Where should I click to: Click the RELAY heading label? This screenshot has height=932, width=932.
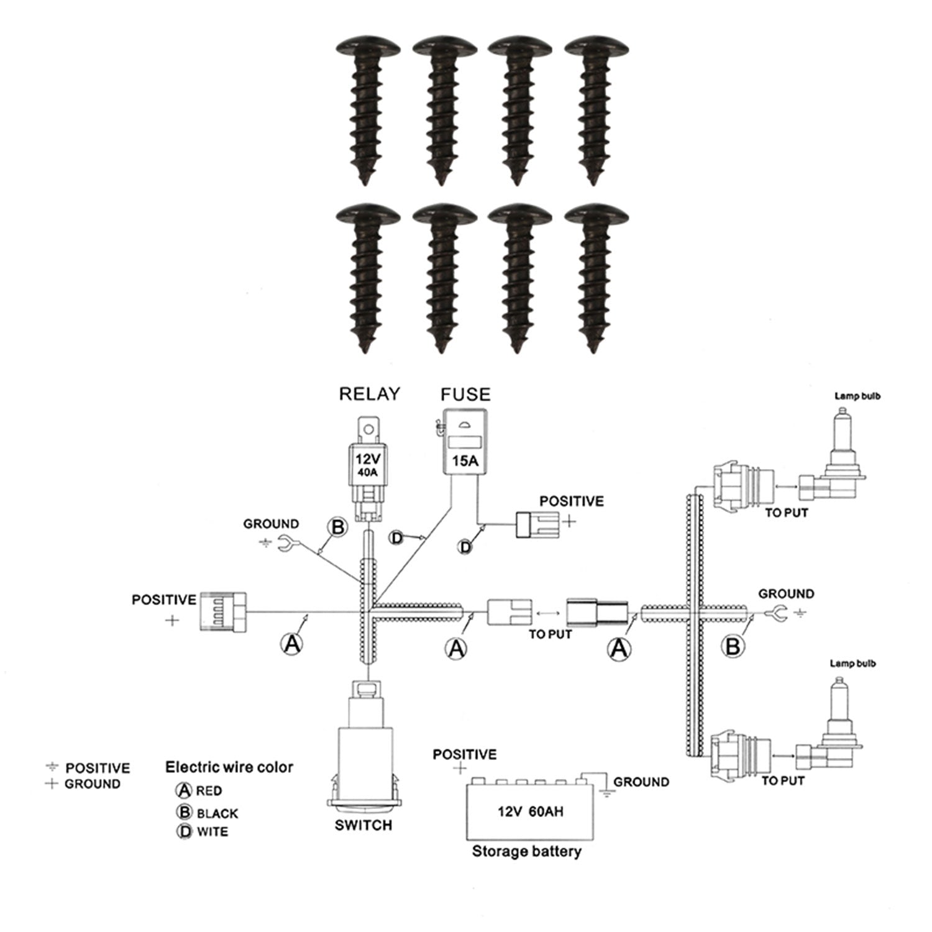tap(369, 394)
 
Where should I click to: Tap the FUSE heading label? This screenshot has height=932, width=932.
tap(465, 394)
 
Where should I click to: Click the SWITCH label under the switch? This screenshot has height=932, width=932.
tap(363, 825)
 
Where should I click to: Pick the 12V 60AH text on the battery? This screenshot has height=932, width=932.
tap(530, 811)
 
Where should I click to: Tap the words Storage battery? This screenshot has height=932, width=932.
tap(526, 851)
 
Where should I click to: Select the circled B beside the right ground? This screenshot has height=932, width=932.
tap(733, 646)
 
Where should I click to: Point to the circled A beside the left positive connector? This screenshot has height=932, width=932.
tap(291, 644)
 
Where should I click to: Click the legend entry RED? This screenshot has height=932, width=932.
tap(209, 791)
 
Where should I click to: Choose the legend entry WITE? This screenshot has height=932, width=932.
tap(212, 831)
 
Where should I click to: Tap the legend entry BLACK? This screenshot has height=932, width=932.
tap(217, 813)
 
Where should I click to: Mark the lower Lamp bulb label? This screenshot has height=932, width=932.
tap(852, 664)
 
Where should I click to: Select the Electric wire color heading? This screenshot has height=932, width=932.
tap(229, 767)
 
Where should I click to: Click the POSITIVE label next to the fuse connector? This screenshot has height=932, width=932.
tap(571, 501)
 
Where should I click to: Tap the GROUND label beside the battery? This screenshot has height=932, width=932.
tap(641, 782)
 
